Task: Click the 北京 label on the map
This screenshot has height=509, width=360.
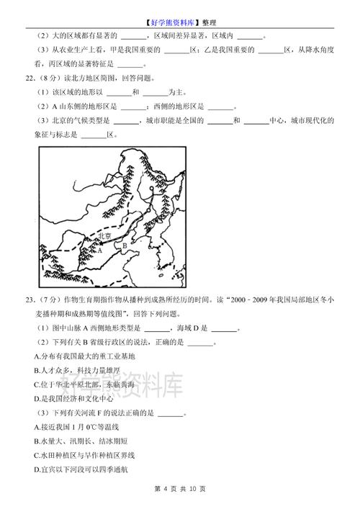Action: pos(104,236)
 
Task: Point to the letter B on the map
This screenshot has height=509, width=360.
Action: pos(124,246)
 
